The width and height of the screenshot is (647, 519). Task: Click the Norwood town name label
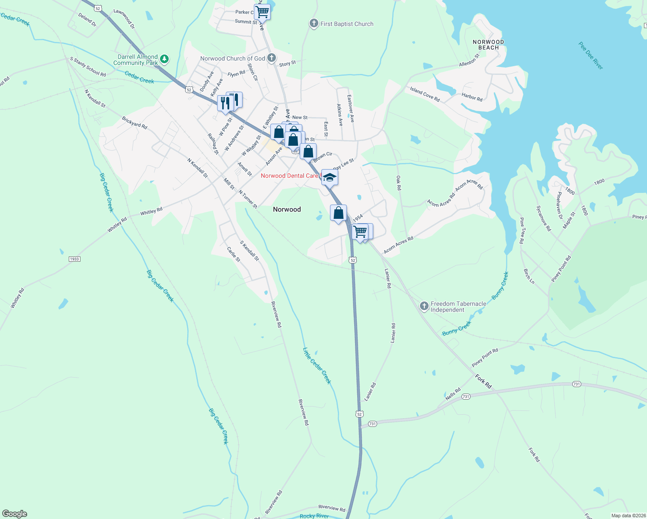287,209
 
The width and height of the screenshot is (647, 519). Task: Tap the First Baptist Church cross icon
314,24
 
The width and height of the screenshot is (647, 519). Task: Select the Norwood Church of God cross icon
271,58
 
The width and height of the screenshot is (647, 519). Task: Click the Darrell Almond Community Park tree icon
164,59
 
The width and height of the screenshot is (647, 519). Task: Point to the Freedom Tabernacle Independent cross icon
424,306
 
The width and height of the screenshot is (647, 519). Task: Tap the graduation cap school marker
330,177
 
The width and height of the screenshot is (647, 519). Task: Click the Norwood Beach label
488,45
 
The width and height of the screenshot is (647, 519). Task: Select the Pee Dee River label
591,55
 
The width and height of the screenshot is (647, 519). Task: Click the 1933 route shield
74,259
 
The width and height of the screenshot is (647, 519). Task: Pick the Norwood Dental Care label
289,176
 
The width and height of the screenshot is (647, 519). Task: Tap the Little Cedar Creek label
317,366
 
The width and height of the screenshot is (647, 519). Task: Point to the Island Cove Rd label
425,94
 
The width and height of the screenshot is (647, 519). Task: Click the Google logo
15,514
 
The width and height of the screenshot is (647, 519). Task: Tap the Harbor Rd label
472,97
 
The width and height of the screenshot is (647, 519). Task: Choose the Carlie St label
234,254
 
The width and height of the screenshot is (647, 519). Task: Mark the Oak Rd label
399,183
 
